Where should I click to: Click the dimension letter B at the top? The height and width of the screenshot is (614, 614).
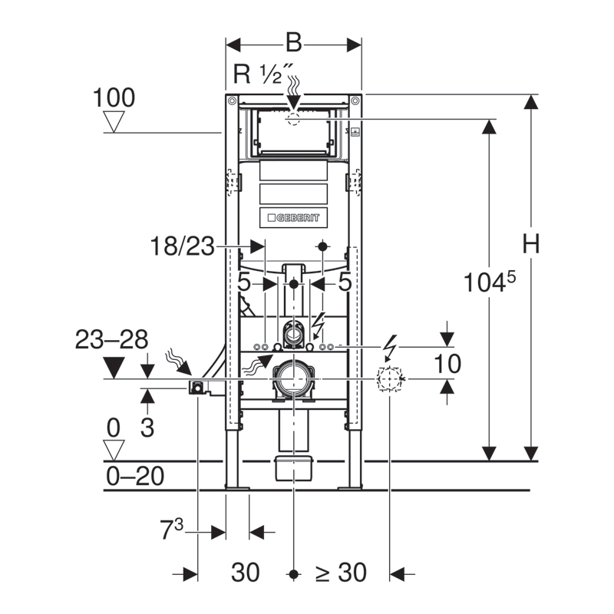click(x=294, y=43)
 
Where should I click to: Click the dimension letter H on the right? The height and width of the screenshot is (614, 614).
click(x=531, y=243)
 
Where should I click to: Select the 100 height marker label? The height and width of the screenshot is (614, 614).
click(x=114, y=97)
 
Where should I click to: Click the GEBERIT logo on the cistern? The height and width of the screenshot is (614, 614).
click(x=294, y=218)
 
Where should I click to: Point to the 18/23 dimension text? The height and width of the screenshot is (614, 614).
click(x=183, y=246)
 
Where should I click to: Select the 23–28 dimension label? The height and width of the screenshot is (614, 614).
click(x=111, y=339)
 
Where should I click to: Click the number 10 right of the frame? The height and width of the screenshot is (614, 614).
click(x=447, y=364)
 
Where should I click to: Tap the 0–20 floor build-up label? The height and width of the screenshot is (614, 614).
click(x=135, y=476)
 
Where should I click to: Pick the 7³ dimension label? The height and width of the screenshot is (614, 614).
click(x=171, y=529)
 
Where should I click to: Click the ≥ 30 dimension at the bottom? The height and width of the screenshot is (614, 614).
click(x=341, y=572)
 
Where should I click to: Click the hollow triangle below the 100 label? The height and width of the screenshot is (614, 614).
click(x=114, y=121)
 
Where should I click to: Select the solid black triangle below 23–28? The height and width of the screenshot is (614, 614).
click(x=114, y=368)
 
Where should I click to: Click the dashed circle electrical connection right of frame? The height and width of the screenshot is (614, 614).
click(x=390, y=379)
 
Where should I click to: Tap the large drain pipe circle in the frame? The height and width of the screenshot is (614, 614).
click(x=294, y=379)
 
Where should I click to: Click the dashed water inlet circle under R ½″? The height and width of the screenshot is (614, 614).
click(x=293, y=119)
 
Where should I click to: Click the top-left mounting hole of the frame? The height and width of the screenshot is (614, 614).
click(x=232, y=101)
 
